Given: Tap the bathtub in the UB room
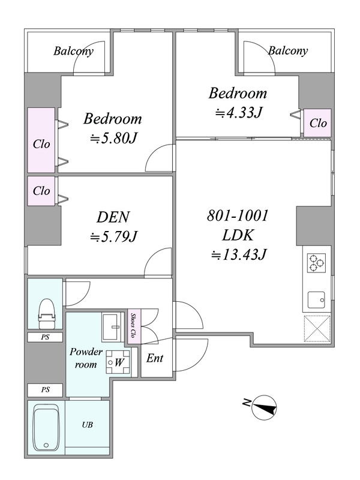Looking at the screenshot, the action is tap(46, 428).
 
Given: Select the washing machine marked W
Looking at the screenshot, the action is tap(118, 362).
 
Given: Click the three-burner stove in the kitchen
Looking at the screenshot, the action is tap(316, 263).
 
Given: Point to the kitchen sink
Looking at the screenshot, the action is tap(316, 299).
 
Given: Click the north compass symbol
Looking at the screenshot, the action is tap(264, 407).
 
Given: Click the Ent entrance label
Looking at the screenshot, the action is tap(155, 358).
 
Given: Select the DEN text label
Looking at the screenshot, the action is tap(113, 217).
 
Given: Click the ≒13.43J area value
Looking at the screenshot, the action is tap(239, 254).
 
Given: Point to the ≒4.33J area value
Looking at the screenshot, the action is tap(239, 113).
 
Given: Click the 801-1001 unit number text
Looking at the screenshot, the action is tap(238, 215).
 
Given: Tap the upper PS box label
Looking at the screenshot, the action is tap(46, 337).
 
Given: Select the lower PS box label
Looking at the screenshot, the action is tap(46, 390).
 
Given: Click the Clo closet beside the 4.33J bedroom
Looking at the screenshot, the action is tap(318, 123).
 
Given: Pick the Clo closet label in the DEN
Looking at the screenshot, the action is tap(41, 191).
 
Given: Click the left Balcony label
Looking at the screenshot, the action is tap(73, 51).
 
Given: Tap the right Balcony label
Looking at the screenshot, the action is tap(288, 50).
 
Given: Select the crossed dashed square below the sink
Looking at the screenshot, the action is tap(317, 329).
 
